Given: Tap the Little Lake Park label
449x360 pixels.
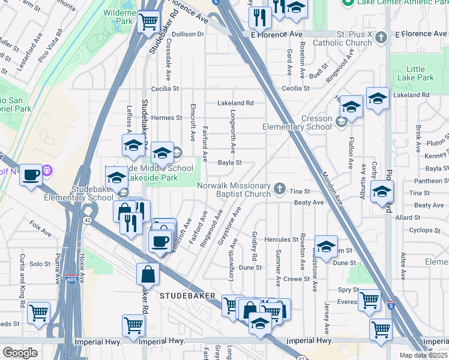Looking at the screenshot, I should (x=419, y=73).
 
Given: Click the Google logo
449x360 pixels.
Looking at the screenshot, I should (x=20, y=353).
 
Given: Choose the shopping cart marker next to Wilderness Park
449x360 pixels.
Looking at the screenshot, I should (x=148, y=22).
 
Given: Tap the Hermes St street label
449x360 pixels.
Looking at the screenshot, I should (x=166, y=118).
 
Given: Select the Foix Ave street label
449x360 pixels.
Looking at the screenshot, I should (x=40, y=230).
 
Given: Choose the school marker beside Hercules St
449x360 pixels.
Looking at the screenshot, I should (x=326, y=246).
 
